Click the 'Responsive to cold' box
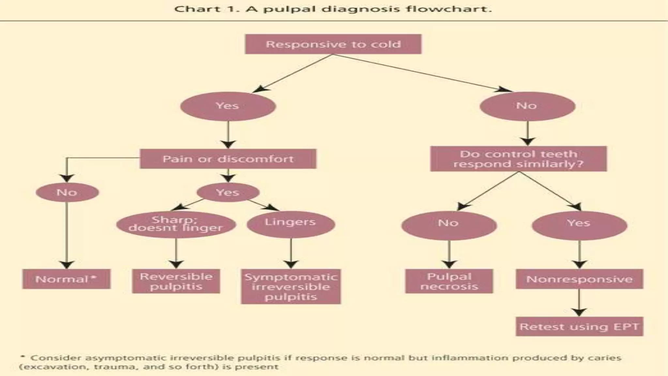pos(333,44)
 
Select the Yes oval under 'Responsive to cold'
pos(228,106)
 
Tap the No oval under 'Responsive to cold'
pos(527,106)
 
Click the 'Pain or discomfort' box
pos(228,159)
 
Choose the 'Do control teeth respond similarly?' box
pos(518,159)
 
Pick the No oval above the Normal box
pos(67,192)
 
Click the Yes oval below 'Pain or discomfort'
pos(228,192)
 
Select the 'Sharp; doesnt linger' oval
pos(176,224)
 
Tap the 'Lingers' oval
pos(290,224)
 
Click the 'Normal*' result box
pos(66,279)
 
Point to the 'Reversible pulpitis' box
pos(176,281)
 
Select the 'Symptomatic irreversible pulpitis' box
pos(291,287)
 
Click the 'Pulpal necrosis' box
pos(449,281)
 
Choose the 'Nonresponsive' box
pos(579,279)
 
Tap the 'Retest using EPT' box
pos(579,327)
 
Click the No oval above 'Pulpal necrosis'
pos(449,225)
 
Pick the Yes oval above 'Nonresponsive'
pos(579,225)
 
